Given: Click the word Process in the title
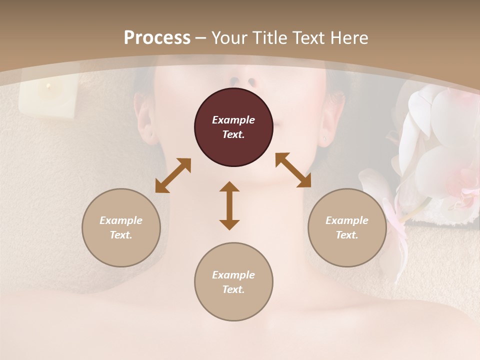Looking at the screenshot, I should click(157, 38).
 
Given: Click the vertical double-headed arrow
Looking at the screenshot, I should click(229, 205).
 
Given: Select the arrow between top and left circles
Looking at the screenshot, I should click(173, 175).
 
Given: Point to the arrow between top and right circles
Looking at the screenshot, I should click(293, 170).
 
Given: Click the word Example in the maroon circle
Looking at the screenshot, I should click(233, 120).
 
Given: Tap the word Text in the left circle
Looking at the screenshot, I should click(121, 235).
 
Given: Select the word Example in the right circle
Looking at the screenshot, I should click(347, 220).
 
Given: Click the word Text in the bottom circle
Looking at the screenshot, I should click(233, 289).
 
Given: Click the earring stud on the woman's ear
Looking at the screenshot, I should click(325, 138).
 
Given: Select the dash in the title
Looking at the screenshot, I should click(201, 38).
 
